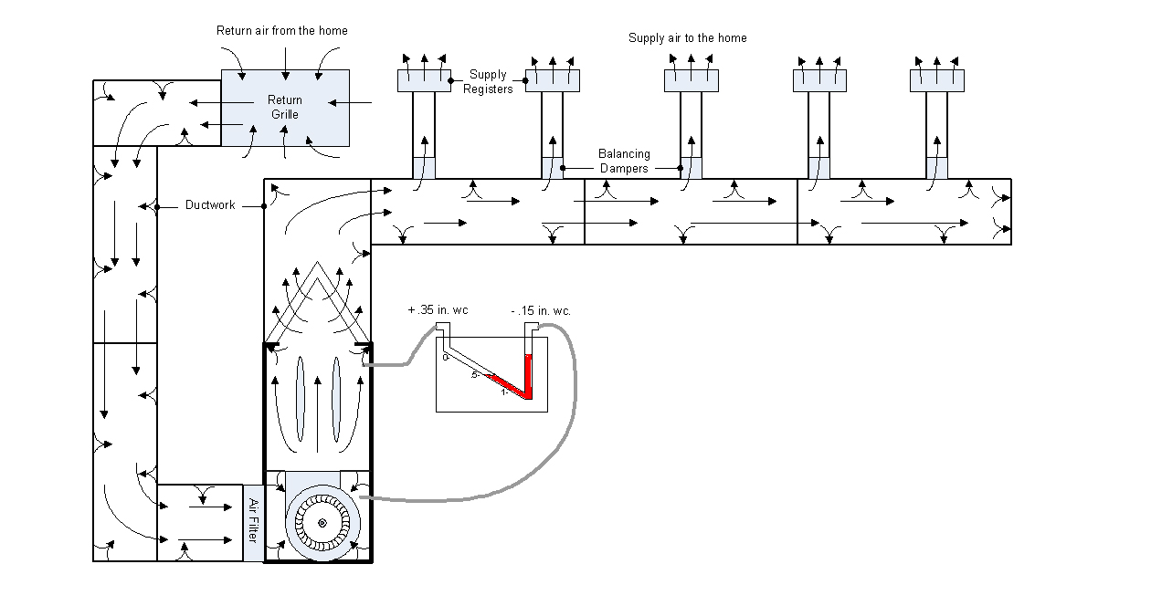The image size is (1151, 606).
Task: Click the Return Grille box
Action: [x=285, y=108]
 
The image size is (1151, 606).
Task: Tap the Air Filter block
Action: [x=254, y=523]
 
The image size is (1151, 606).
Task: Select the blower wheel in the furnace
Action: [x=322, y=522]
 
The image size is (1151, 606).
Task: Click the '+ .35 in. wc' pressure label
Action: [x=438, y=311]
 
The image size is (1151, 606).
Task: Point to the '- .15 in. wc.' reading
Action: [x=541, y=311]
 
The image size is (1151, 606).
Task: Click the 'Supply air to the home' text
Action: [x=687, y=38]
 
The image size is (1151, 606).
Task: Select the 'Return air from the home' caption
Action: [x=281, y=31]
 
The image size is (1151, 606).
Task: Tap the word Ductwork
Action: [x=210, y=205]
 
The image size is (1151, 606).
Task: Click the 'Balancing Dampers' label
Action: [x=624, y=161]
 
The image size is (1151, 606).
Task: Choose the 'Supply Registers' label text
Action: [x=488, y=81]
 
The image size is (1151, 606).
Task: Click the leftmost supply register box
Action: [x=424, y=80]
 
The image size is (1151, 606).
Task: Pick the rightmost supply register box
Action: [x=937, y=80]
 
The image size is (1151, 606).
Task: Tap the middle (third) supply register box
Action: [x=691, y=80]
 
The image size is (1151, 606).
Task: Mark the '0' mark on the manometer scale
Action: [x=445, y=358]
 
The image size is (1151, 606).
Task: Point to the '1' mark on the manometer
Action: [x=503, y=392]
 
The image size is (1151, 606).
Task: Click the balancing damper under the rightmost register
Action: [x=937, y=168]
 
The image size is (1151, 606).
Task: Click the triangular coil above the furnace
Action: [x=318, y=301]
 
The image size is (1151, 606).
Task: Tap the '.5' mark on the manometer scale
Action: [x=475, y=375]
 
